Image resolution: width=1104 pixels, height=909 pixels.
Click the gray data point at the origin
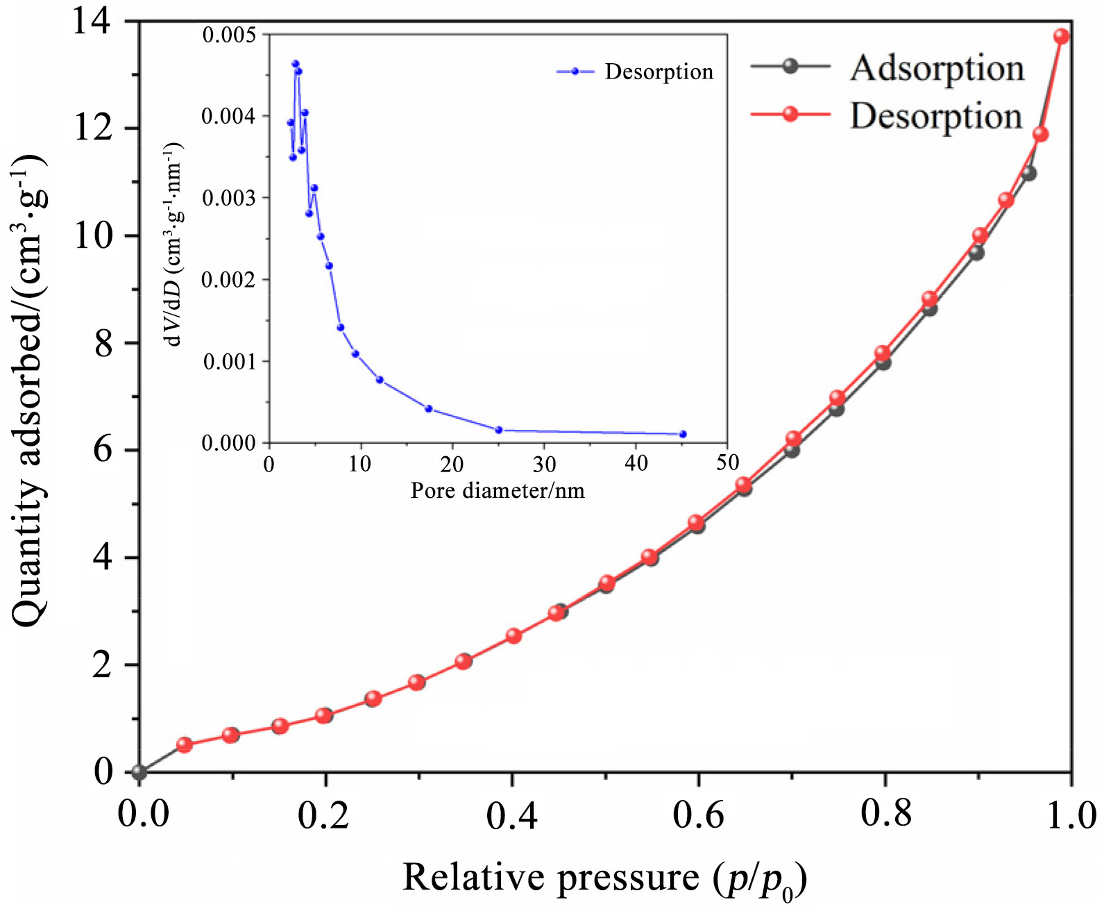(x=139, y=772)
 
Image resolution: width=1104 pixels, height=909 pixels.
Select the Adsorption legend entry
(x=937, y=67)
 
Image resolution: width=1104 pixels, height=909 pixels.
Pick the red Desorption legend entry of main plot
(x=936, y=115)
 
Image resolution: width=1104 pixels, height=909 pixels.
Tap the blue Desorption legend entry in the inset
(x=659, y=72)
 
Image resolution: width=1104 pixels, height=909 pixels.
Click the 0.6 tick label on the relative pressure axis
(x=698, y=815)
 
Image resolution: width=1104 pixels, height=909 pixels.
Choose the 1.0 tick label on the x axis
(x=1071, y=815)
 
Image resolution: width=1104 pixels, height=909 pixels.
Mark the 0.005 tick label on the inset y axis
(x=228, y=35)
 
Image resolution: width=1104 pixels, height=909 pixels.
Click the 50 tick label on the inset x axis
(x=727, y=463)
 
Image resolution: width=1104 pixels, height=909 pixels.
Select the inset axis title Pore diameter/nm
(x=498, y=490)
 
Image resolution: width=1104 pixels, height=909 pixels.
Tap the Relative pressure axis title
(x=604, y=878)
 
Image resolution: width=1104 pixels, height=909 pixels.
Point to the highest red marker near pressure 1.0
(x=1061, y=36)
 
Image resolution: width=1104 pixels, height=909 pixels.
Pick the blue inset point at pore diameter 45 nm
(x=683, y=434)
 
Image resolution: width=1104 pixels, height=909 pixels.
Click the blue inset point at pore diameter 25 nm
(x=498, y=430)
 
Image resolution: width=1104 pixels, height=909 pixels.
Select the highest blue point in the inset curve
(x=295, y=64)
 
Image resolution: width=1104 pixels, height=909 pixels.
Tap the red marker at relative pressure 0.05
(x=185, y=744)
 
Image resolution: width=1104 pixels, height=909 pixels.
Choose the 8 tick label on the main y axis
(x=103, y=343)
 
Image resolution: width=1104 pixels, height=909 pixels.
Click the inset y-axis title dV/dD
(x=173, y=243)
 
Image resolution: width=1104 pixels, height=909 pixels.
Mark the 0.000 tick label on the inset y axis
(x=228, y=443)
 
